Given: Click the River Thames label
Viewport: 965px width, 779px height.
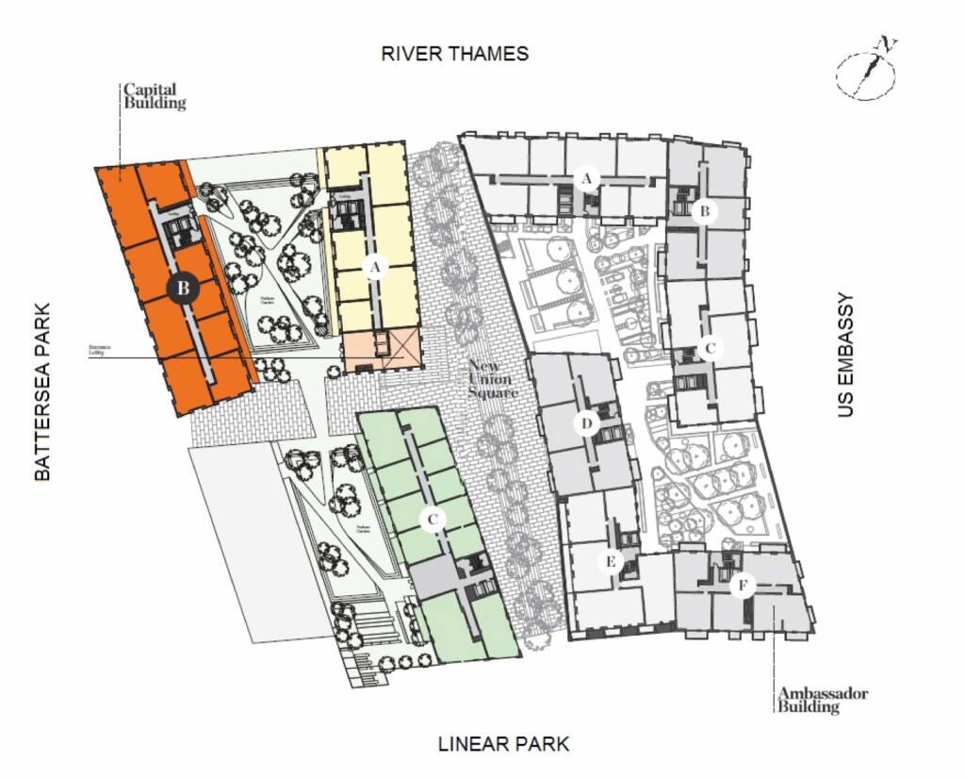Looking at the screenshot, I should (454, 54).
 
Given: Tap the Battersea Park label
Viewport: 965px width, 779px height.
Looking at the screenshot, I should (42, 391).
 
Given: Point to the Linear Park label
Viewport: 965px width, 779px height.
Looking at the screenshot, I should (503, 744).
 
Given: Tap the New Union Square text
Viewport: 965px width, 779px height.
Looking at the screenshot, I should (492, 379).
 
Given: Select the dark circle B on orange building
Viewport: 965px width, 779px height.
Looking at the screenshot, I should (184, 288).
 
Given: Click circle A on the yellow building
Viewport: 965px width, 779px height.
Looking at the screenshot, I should (375, 268).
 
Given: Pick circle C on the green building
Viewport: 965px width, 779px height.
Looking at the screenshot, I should (432, 519).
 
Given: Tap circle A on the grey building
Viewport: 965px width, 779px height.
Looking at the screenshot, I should (588, 178).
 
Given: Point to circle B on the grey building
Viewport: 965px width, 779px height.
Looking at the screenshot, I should (703, 211).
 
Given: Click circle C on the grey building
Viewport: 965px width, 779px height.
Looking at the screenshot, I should (711, 348).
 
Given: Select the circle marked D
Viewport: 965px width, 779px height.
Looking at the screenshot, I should (586, 424).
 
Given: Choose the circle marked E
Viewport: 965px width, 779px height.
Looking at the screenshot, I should (611, 562).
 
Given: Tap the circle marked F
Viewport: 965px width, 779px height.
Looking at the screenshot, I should (743, 587).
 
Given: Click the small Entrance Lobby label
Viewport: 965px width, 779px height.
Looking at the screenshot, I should (100, 349).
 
